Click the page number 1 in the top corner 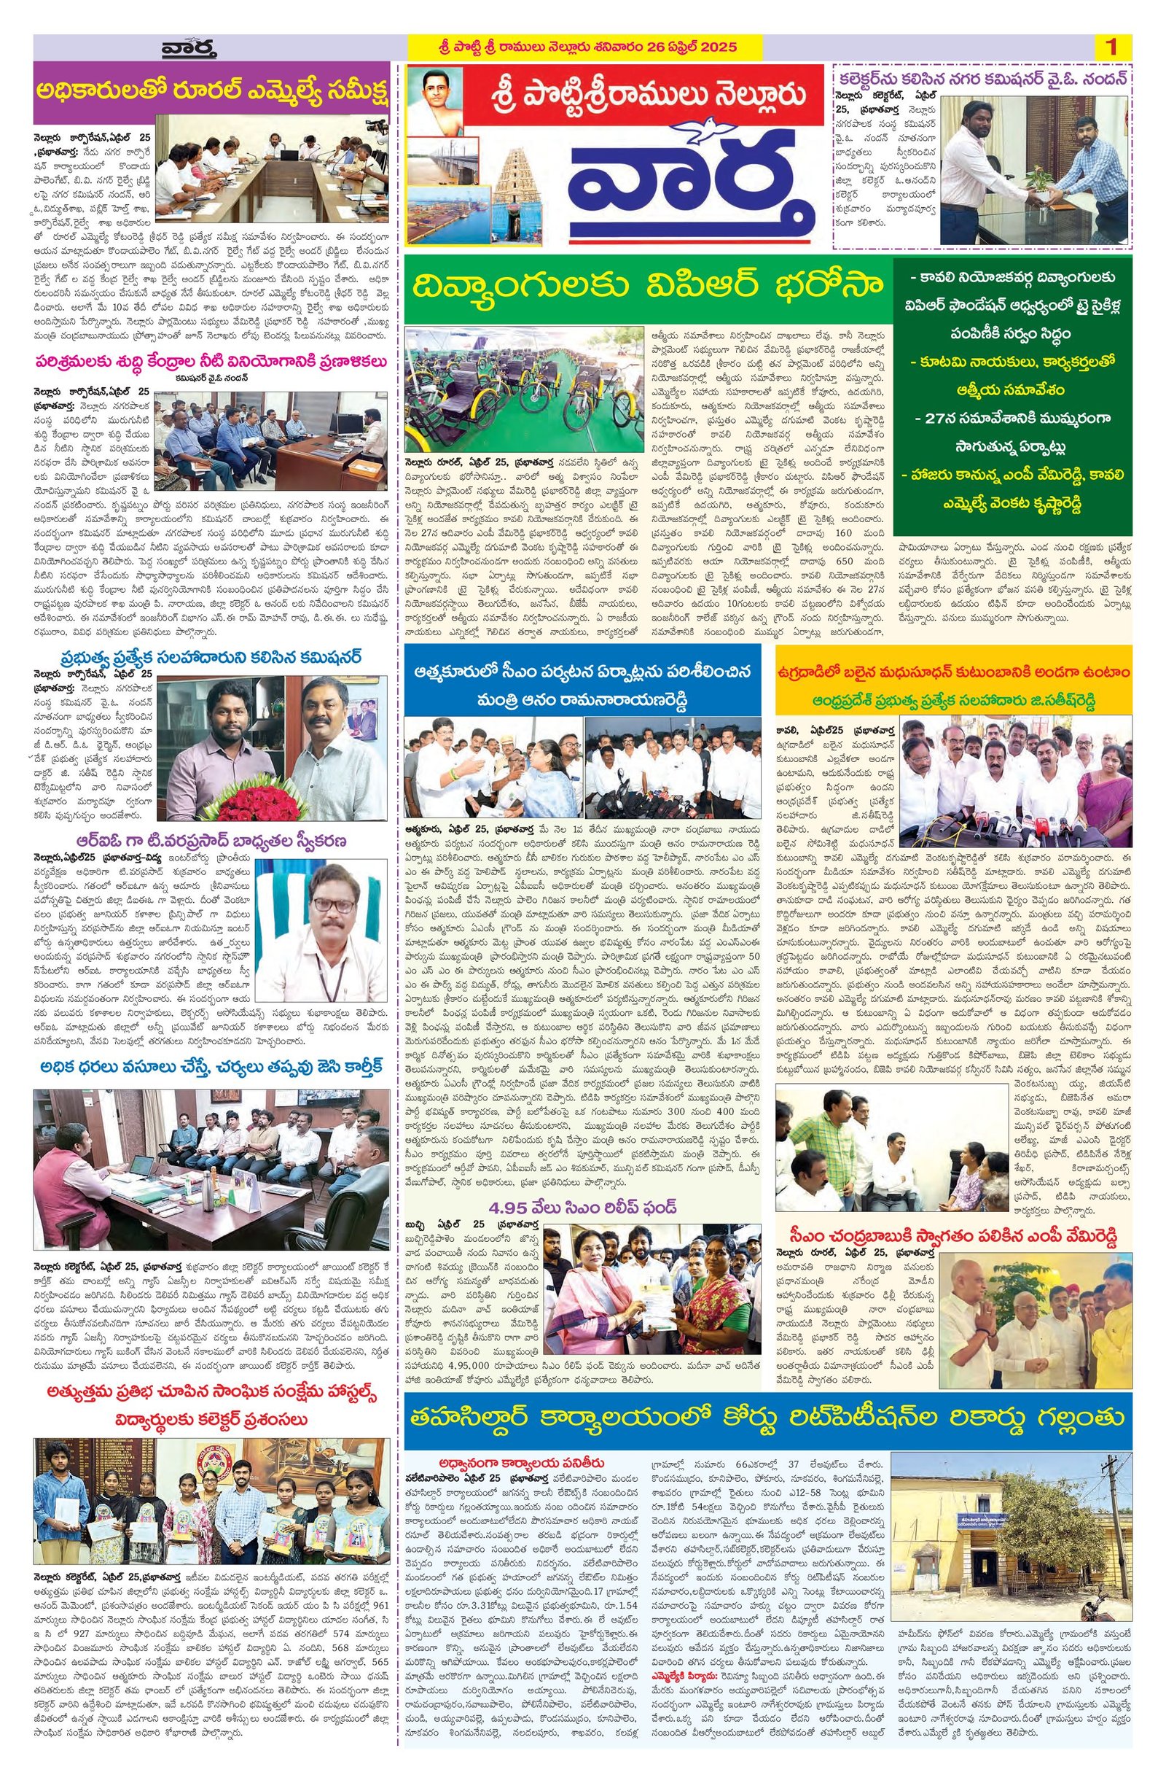pyautogui.click(x=1111, y=47)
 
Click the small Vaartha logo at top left pyautogui.click(x=189, y=49)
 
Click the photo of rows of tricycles pyautogui.click(x=524, y=389)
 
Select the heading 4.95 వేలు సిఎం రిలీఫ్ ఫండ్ pyautogui.click(x=582, y=1208)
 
